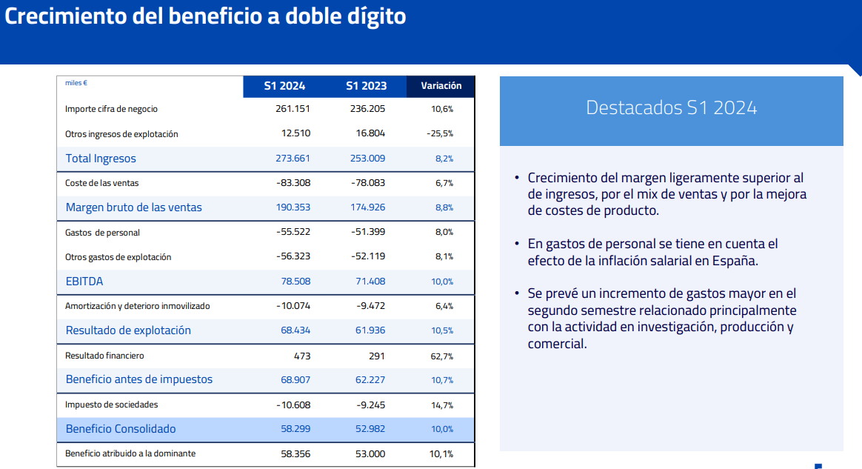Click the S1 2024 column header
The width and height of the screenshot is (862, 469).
[284, 86]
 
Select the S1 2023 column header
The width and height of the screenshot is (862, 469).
[366, 86]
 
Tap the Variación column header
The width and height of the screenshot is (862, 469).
[441, 86]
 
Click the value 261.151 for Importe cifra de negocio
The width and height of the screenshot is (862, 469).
[292, 109]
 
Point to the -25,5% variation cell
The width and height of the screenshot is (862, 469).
[440, 134]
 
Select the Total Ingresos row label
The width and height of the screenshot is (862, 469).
[101, 159]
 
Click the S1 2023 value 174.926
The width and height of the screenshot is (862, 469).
[367, 207]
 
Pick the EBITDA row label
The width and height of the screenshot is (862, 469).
[84, 282]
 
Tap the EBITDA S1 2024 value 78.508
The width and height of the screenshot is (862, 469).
[295, 282]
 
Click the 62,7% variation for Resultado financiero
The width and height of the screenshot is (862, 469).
[441, 356]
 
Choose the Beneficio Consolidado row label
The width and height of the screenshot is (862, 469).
[121, 429]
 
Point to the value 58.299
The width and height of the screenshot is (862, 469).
[295, 429]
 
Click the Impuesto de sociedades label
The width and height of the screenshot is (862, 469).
[112, 405]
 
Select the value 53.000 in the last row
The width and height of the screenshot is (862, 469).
[370, 453]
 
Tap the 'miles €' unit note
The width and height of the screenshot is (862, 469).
[76, 83]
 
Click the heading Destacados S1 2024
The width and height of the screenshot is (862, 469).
[671, 107]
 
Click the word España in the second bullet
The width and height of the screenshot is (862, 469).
[735, 261]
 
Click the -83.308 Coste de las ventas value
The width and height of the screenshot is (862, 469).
[293, 183]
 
